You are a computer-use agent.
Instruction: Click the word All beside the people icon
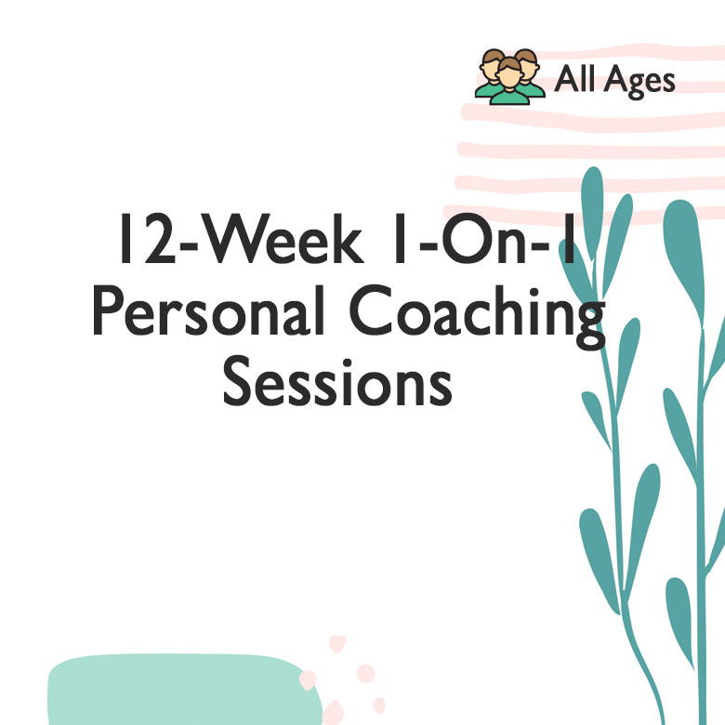[x=573, y=80]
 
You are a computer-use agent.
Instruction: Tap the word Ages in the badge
[x=638, y=82]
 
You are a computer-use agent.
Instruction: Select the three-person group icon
[x=509, y=75]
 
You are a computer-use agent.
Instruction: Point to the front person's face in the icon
[x=509, y=72]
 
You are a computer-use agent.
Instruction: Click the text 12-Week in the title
[x=238, y=243]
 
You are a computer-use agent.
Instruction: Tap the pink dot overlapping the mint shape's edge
[x=308, y=679]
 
